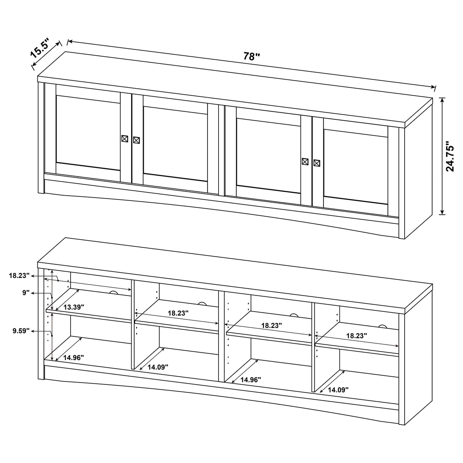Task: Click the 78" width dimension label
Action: pyautogui.click(x=252, y=56)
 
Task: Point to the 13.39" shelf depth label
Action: pyautogui.click(x=74, y=307)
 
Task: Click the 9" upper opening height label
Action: pyautogui.click(x=26, y=293)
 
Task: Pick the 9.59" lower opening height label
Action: pyautogui.click(x=21, y=331)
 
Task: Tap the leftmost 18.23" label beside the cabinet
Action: pyautogui.click(x=19, y=275)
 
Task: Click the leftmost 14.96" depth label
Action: pyautogui.click(x=74, y=358)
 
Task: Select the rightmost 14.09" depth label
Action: pyautogui.click(x=338, y=390)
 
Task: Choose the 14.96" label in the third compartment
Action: pyautogui.click(x=251, y=380)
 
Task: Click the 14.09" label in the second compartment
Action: pyautogui.click(x=158, y=367)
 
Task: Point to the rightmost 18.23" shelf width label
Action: pyautogui.click(x=357, y=336)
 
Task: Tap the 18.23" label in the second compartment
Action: pyautogui.click(x=178, y=313)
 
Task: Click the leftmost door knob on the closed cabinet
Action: pyautogui.click(x=124, y=139)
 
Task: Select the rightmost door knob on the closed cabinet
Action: pyautogui.click(x=317, y=163)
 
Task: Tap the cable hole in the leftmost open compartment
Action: pyautogui.click(x=113, y=293)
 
